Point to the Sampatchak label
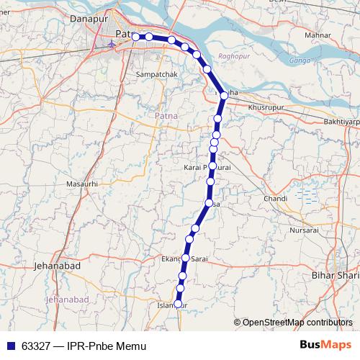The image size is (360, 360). [156, 73]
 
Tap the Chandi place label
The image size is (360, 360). [276, 198]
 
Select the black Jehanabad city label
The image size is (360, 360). [57, 266]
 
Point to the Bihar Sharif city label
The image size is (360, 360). [335, 275]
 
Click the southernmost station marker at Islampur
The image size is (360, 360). [179, 303]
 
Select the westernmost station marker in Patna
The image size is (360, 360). [137, 36]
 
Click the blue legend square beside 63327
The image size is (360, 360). [9, 346]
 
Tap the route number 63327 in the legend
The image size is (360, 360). [35, 346]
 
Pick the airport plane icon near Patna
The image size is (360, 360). [111, 44]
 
